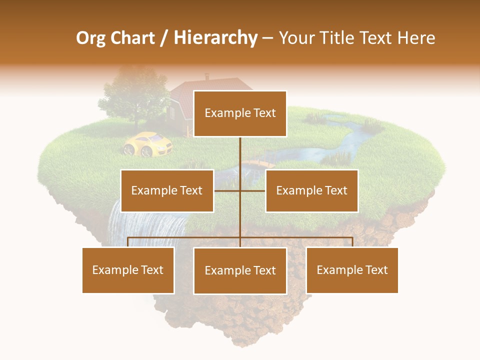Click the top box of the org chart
click(240, 113)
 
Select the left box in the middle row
click(167, 190)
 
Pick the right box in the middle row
click(311, 190)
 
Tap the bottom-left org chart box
click(128, 270)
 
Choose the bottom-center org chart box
click(240, 270)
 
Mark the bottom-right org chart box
click(352, 270)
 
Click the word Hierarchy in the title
click(215, 38)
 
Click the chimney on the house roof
click(207, 77)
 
